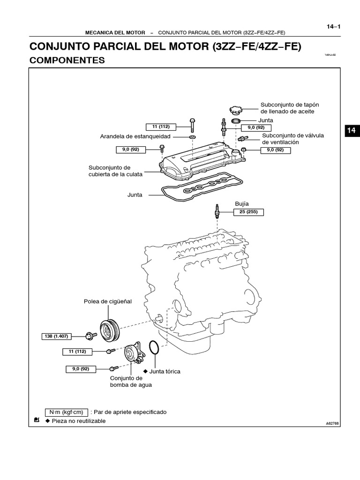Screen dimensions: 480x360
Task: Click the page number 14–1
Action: tap(333, 26)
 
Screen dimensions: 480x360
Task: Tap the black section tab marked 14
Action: tap(352, 131)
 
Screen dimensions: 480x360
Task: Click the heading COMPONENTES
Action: tap(67, 60)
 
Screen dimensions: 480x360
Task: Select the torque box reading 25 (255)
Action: tap(249, 212)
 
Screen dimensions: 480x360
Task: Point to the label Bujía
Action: tap(241, 204)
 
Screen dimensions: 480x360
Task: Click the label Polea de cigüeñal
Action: tap(108, 301)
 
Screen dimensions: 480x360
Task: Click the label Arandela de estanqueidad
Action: tap(135, 136)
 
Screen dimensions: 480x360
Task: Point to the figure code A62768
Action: tap(332, 423)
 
